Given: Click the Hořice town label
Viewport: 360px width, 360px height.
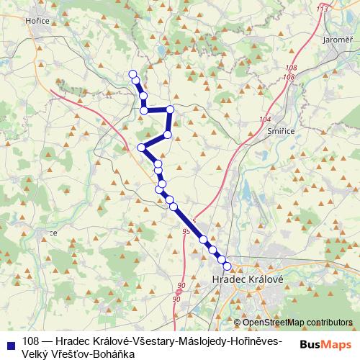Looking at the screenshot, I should point(17,22).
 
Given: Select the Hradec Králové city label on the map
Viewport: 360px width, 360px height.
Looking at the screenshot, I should point(248,278).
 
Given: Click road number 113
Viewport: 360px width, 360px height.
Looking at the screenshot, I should point(321,9).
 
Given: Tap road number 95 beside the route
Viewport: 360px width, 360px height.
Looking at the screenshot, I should point(187,231).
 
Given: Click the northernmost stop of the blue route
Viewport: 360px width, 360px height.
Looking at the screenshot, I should point(132,74).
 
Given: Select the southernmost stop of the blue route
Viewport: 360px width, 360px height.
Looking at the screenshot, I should point(228,267).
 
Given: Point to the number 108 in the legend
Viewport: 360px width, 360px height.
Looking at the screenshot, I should point(30,341).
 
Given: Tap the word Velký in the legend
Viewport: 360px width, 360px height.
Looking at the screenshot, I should point(36,354).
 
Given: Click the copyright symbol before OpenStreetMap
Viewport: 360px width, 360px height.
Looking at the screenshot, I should point(238,324).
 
